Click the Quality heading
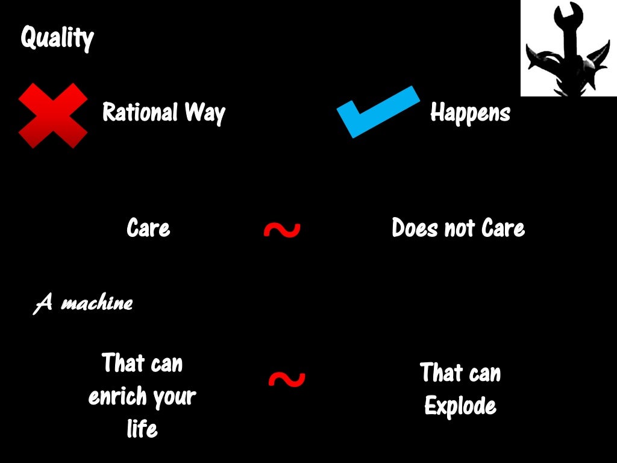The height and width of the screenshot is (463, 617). pyautogui.click(x=57, y=39)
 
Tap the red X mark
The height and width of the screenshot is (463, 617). pyautogui.click(x=53, y=115)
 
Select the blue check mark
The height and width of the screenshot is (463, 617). pyautogui.click(x=376, y=111)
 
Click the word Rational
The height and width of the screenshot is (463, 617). pyautogui.click(x=140, y=112)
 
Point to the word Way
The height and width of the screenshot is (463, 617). pyautogui.click(x=204, y=113)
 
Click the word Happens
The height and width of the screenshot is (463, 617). pyautogui.click(x=470, y=112)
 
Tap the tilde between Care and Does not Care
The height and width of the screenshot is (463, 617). pyautogui.click(x=282, y=230)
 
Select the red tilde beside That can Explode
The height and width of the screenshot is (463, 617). pyautogui.click(x=287, y=379)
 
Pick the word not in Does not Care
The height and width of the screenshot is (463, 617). pyautogui.click(x=460, y=228)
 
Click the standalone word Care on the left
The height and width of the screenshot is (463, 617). pyautogui.click(x=148, y=228)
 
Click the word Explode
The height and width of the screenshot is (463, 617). pyautogui.click(x=460, y=406)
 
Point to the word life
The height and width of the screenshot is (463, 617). pyautogui.click(x=142, y=429)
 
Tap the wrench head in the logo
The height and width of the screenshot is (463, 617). pyautogui.click(x=569, y=12)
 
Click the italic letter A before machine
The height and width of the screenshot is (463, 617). pyautogui.click(x=43, y=303)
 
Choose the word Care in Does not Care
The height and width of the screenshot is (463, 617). pyautogui.click(x=503, y=228)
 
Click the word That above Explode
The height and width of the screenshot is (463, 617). pyautogui.click(x=442, y=373)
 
